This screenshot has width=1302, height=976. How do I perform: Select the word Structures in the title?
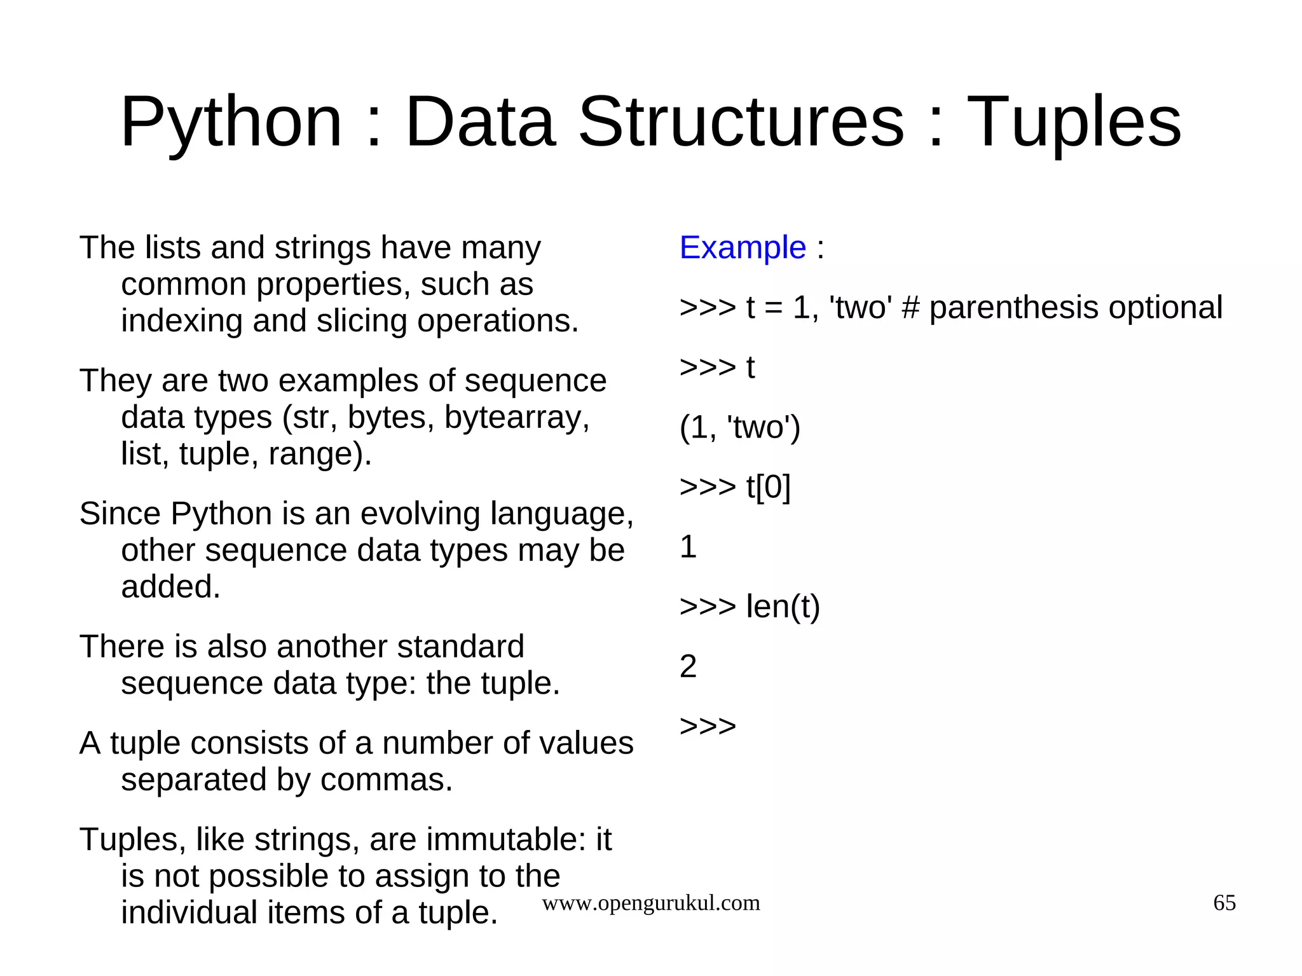coord(741,122)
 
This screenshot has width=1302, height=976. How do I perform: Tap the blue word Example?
coord(743,247)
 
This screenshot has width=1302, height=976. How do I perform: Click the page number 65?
coord(1224,903)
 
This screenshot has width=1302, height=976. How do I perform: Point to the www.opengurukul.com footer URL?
coord(650,903)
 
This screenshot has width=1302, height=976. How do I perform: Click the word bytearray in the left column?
coord(516,418)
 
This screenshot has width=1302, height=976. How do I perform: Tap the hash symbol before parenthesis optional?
coord(910,308)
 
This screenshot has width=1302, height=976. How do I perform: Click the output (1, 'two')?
coord(739,427)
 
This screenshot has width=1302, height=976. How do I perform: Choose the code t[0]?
coord(768,487)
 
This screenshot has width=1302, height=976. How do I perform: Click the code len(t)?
coord(783,607)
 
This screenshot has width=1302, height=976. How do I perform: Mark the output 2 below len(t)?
coord(688,666)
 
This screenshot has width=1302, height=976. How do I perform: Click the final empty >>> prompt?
coord(708,726)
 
